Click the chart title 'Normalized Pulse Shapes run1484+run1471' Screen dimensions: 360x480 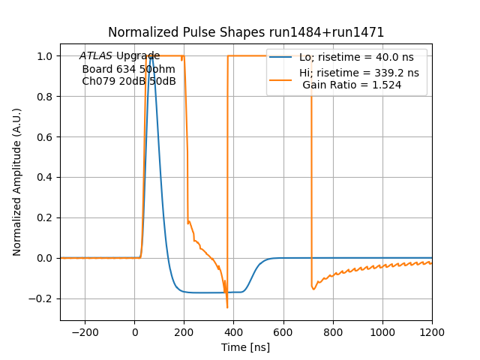(246, 32)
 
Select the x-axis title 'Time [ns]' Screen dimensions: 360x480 (246, 347)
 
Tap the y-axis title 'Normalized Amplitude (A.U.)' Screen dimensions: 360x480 (17, 182)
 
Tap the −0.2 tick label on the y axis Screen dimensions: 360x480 (43, 298)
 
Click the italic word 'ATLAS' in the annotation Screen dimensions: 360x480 (96, 56)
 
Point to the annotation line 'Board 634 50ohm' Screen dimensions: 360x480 (122, 69)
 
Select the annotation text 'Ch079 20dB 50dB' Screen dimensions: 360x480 (128, 82)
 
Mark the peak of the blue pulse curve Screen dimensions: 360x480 (151, 56)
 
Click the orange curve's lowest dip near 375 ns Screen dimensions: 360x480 (227, 307)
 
